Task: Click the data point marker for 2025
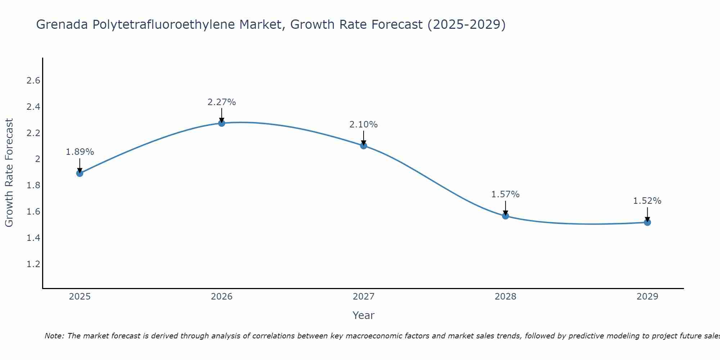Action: (80, 173)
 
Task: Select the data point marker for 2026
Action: (222, 123)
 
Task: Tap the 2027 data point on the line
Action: (364, 145)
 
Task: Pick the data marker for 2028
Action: (505, 216)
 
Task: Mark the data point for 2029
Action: (647, 222)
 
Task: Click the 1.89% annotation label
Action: (80, 152)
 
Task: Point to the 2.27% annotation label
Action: (222, 102)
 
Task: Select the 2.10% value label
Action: (364, 125)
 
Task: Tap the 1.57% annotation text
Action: (505, 194)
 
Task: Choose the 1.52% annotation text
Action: (647, 201)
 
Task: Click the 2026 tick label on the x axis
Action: (222, 297)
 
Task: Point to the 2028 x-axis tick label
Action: (505, 297)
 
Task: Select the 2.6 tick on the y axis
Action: (33, 81)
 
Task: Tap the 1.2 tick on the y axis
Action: (33, 264)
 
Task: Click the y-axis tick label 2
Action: (37, 159)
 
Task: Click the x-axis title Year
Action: (364, 315)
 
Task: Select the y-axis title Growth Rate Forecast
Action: (9, 172)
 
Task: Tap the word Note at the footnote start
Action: (54, 336)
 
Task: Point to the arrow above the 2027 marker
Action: (364, 138)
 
